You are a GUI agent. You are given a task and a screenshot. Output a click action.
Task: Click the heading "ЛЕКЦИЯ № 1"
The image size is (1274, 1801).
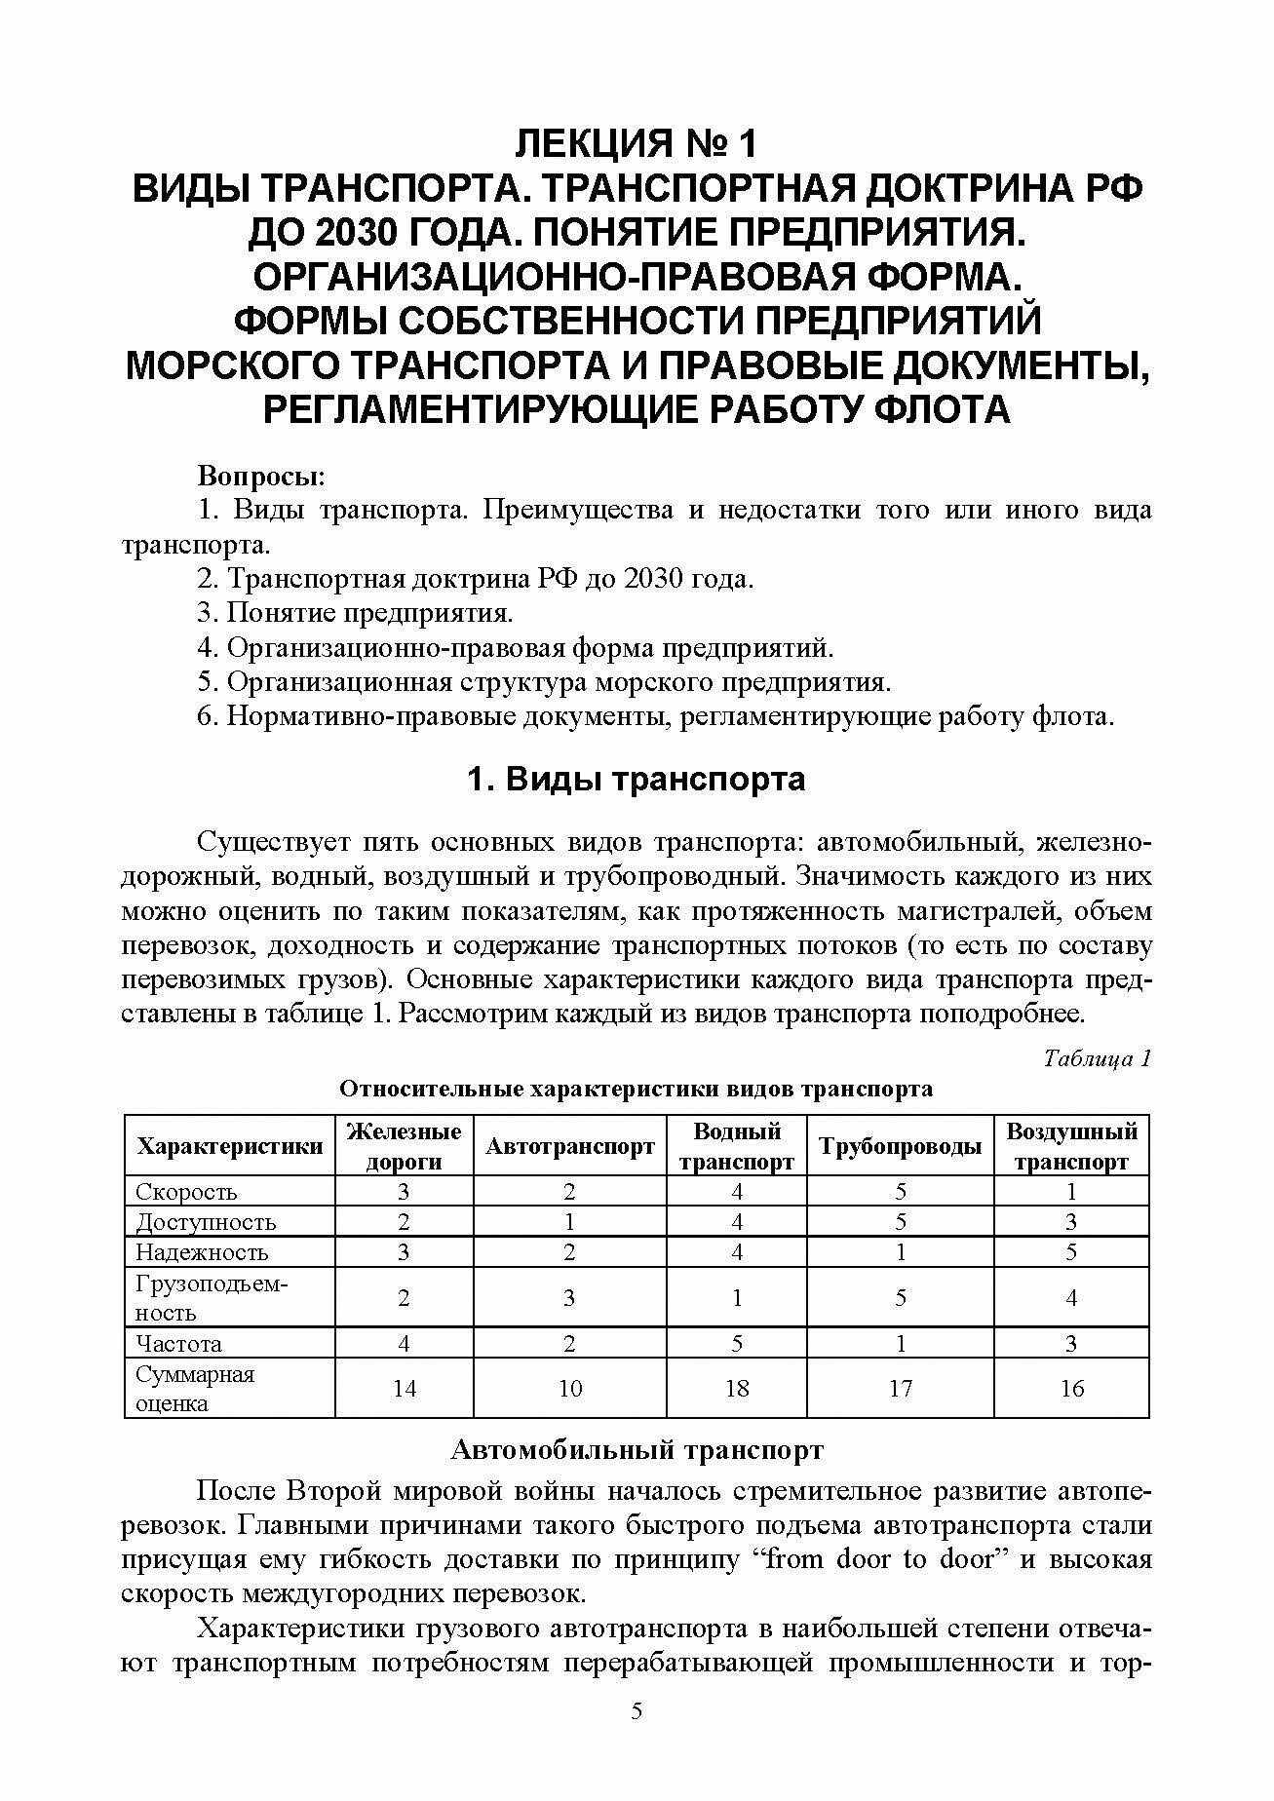[636, 145]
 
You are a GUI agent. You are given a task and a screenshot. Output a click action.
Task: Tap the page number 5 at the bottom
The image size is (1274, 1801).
[637, 1737]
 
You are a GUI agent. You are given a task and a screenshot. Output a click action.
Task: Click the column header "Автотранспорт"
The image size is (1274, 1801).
[569, 1147]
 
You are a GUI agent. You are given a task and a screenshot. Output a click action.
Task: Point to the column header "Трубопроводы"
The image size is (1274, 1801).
[900, 1147]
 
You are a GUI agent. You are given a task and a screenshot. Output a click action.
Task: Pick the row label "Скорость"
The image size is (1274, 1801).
[186, 1192]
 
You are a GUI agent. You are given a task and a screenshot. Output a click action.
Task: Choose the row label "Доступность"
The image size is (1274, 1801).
[206, 1222]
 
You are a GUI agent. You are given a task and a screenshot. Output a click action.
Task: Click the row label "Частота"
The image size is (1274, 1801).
[178, 1344]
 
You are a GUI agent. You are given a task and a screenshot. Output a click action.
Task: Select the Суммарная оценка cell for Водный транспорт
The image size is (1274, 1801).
[737, 1388]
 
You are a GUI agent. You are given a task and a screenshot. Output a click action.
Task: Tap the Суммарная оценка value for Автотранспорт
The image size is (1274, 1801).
[569, 1388]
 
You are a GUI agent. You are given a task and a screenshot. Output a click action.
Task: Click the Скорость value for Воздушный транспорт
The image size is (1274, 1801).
[1071, 1192]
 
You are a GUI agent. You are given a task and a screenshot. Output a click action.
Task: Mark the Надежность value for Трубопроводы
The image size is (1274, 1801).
[900, 1252]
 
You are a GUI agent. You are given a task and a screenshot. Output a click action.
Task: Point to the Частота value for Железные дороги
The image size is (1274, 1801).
[404, 1344]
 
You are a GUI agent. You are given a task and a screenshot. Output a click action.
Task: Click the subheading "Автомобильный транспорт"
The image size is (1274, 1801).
[637, 1450]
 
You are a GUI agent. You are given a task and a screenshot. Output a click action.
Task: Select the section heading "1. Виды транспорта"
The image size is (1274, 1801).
[637, 781]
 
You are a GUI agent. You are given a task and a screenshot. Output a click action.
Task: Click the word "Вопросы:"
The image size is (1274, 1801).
[261, 478]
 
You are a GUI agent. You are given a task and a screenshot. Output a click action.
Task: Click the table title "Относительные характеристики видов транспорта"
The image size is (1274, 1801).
[636, 1089]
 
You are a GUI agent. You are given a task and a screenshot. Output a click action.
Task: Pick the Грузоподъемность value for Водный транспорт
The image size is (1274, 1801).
[737, 1297]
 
